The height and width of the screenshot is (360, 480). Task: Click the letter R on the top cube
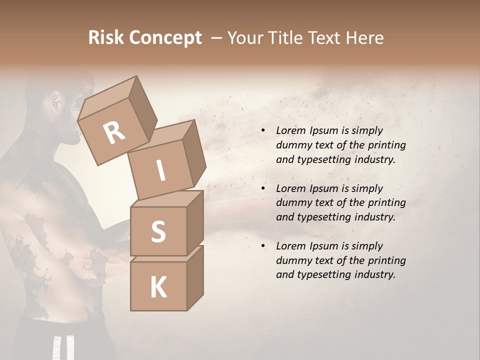coord(114,133)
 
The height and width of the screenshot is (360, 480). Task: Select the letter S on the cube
coord(158,231)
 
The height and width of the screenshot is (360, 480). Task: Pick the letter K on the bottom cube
coord(158,287)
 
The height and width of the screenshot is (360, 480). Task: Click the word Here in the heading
coord(364,37)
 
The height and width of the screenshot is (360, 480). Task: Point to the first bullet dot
coord(263,130)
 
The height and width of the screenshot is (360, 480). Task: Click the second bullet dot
coord(263,188)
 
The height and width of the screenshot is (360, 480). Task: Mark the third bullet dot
coord(263,246)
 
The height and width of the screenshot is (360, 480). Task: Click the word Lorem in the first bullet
coord(290,130)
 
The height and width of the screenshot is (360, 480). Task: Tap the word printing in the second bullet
coord(386,203)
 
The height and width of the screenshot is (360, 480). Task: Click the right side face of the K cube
coord(195,277)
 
